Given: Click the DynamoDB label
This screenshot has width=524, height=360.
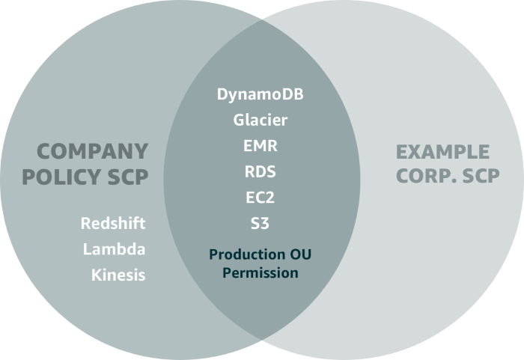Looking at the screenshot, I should pyautogui.click(x=260, y=95).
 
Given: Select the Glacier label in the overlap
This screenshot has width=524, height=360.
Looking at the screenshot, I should pyautogui.click(x=260, y=120).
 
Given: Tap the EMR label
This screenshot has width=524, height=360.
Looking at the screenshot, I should pyautogui.click(x=260, y=146).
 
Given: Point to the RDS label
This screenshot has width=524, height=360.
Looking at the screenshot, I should pyautogui.click(x=260, y=171).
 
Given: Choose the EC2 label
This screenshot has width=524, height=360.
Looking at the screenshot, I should pyautogui.click(x=260, y=198).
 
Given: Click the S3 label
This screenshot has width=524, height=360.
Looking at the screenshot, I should pyautogui.click(x=260, y=223).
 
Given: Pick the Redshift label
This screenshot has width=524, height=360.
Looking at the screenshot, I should pyautogui.click(x=113, y=224).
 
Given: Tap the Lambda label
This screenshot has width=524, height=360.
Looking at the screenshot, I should pyautogui.click(x=115, y=249).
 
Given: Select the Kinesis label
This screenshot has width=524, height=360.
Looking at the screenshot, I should pyautogui.click(x=118, y=275).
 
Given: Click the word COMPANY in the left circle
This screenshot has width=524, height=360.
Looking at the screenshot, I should pyautogui.click(x=93, y=151).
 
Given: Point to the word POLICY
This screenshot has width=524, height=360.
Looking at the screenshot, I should pyautogui.click(x=62, y=177).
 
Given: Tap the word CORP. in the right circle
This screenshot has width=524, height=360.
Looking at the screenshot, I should pyautogui.click(x=424, y=177).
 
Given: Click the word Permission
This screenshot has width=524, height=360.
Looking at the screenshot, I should pyautogui.click(x=260, y=272).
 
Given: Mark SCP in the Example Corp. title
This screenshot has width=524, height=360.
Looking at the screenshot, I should pyautogui.click(x=479, y=177).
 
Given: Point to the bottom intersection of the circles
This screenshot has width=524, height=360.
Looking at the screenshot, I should pyautogui.click(x=261, y=341).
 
